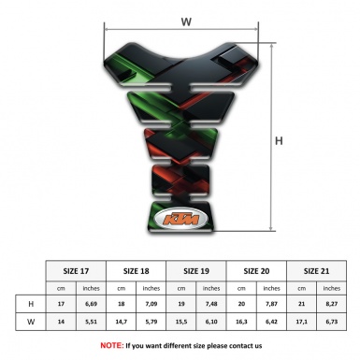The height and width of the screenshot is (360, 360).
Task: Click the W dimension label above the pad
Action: click(x=185, y=20)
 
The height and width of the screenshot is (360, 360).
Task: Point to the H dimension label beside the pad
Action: click(x=279, y=141)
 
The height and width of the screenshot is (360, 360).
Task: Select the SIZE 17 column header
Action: click(x=76, y=271)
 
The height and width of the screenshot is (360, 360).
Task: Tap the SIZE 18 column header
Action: click(x=137, y=271)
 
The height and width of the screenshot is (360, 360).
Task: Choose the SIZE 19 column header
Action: click(x=197, y=271)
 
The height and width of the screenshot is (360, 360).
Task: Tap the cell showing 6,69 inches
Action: click(x=92, y=305)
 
